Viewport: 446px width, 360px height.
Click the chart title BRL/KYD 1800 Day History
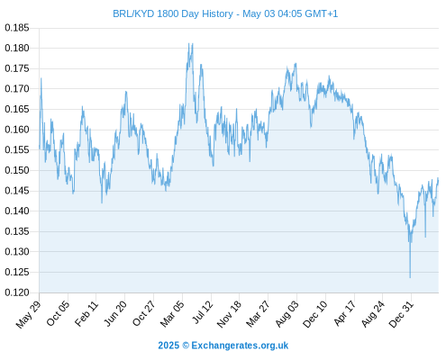click(x=173, y=13)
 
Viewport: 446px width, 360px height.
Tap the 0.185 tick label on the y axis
click(x=17, y=28)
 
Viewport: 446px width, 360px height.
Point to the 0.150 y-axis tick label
click(x=17, y=170)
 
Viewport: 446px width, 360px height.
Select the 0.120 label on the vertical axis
click(x=17, y=292)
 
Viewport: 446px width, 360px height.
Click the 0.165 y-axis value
click(x=17, y=109)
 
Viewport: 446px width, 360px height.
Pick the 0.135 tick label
click(x=17, y=231)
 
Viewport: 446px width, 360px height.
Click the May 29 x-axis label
click(x=28, y=314)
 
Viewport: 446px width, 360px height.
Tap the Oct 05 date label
click(x=58, y=313)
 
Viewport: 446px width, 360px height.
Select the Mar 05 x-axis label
click(x=171, y=313)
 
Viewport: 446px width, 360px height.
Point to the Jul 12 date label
click(x=202, y=312)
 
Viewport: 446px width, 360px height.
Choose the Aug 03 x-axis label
click(x=287, y=313)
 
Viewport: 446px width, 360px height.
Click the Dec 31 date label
click(x=401, y=314)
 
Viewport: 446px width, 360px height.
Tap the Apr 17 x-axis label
click(x=344, y=313)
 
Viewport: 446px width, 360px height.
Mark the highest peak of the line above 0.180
click(x=189, y=43)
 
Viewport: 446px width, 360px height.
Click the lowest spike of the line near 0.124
click(x=410, y=277)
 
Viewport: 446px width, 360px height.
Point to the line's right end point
click(x=438, y=179)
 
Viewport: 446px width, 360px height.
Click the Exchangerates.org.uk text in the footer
click(x=240, y=346)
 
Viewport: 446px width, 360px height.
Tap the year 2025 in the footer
click(x=168, y=346)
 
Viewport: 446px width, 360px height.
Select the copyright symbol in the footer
click(x=186, y=346)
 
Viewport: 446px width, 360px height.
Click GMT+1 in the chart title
click(x=321, y=13)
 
